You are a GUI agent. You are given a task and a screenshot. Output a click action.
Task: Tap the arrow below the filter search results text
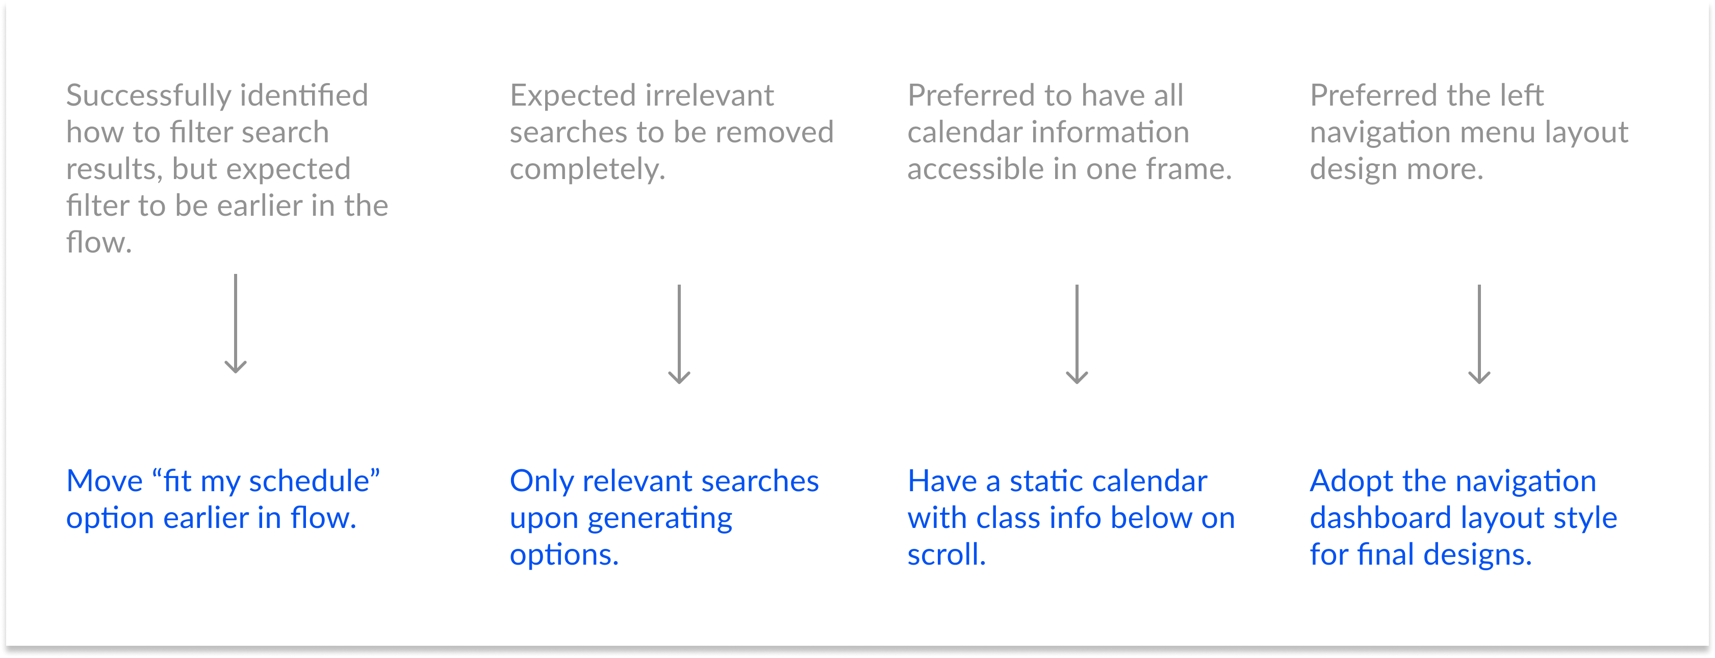[x=236, y=324]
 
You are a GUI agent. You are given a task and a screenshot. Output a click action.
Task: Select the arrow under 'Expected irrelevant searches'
[x=679, y=334]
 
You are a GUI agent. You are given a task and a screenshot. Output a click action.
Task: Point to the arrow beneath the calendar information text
[x=1077, y=334]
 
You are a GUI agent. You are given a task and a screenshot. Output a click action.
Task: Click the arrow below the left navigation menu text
[x=1479, y=334]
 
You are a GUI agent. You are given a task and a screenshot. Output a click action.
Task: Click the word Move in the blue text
[x=104, y=481]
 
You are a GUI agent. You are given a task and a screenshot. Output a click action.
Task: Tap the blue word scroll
[x=945, y=554]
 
